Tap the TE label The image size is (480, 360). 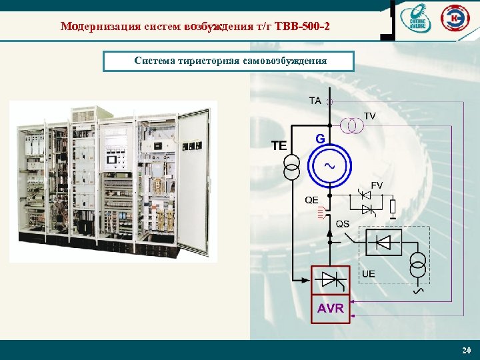279,144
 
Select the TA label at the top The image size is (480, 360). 315,101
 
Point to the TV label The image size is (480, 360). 370,116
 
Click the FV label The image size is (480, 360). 377,185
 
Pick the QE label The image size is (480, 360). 311,200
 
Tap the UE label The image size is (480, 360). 368,273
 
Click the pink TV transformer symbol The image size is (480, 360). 351,124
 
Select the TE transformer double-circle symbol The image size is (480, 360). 292,167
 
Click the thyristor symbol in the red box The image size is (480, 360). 331,279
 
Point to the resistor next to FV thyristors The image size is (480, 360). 393,207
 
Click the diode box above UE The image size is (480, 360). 383,242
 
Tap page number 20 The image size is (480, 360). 465,351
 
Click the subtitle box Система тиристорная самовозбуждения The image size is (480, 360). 229,61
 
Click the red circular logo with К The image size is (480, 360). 457,18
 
